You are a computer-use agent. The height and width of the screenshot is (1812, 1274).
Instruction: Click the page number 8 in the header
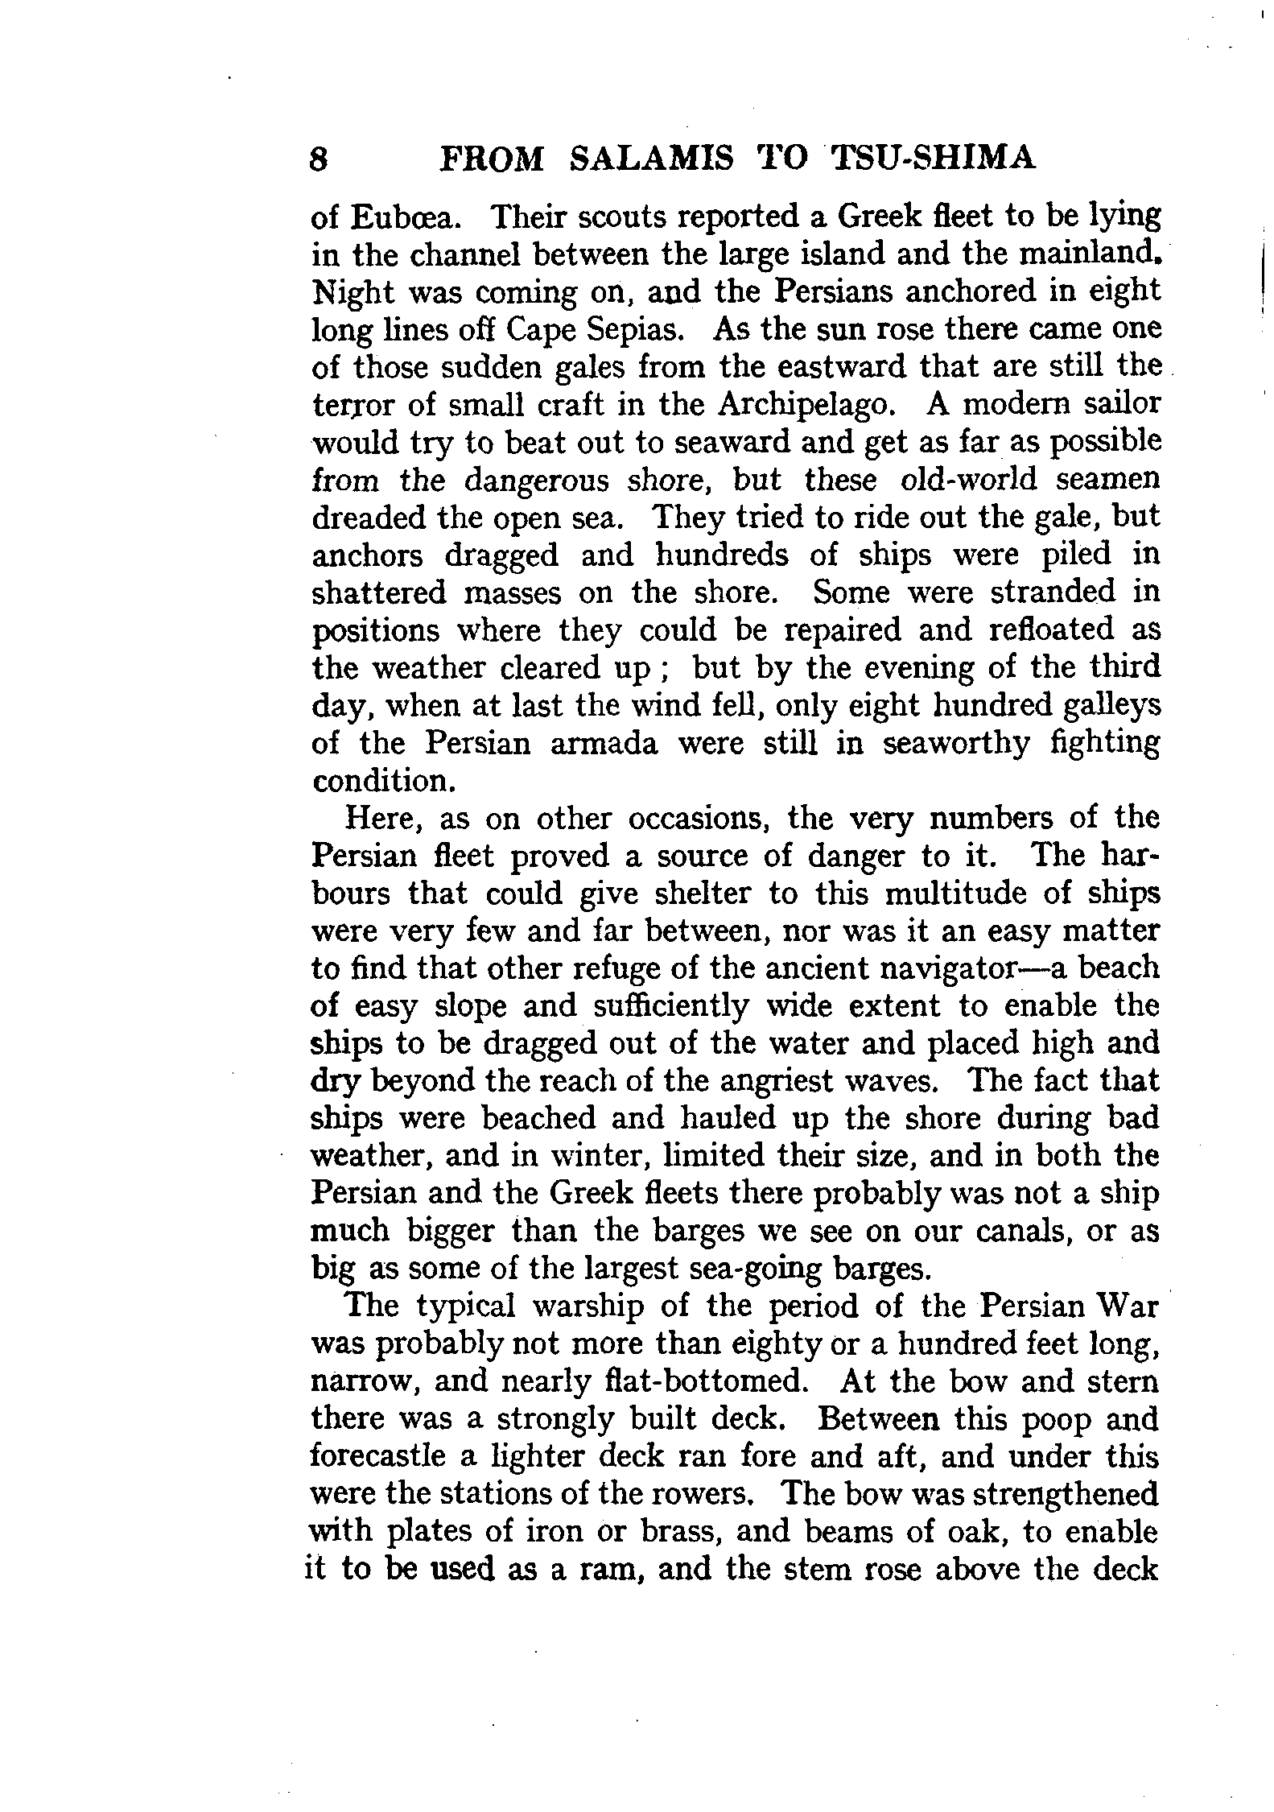(x=319, y=159)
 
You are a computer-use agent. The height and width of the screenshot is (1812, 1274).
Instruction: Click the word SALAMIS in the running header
(x=651, y=159)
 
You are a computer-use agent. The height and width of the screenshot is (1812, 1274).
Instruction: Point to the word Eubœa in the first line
(x=405, y=217)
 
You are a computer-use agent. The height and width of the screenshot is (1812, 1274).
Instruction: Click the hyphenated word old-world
(x=924, y=480)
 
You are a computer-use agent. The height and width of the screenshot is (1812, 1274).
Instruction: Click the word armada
(x=604, y=743)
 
